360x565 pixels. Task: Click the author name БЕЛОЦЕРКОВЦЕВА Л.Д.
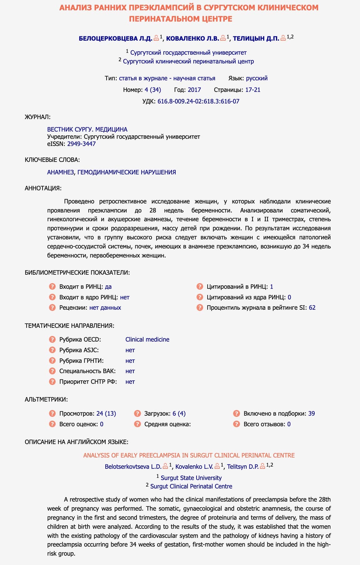(115, 38)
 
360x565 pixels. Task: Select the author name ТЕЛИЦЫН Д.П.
(256, 38)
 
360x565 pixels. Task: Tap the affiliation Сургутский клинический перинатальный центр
(188, 61)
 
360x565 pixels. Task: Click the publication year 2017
(194, 90)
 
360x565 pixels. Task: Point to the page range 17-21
(252, 90)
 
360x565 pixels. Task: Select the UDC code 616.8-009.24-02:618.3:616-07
(198, 101)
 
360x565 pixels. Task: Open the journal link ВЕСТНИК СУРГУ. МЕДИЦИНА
(87, 129)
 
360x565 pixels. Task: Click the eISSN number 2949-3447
(81, 144)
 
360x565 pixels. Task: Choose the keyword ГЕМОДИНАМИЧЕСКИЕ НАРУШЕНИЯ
(127, 172)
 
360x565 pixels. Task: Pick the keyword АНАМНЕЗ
(61, 172)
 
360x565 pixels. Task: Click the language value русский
(257, 78)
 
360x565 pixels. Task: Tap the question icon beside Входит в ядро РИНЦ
(52, 297)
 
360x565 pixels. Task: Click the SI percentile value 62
(312, 307)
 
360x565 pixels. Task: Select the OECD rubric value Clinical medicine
(147, 339)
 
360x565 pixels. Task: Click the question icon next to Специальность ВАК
(52, 371)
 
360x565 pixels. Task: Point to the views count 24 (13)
(106, 413)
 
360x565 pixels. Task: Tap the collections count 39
(311, 413)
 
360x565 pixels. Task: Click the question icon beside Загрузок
(137, 413)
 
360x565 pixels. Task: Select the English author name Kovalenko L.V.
(194, 467)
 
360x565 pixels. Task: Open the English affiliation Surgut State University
(191, 478)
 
